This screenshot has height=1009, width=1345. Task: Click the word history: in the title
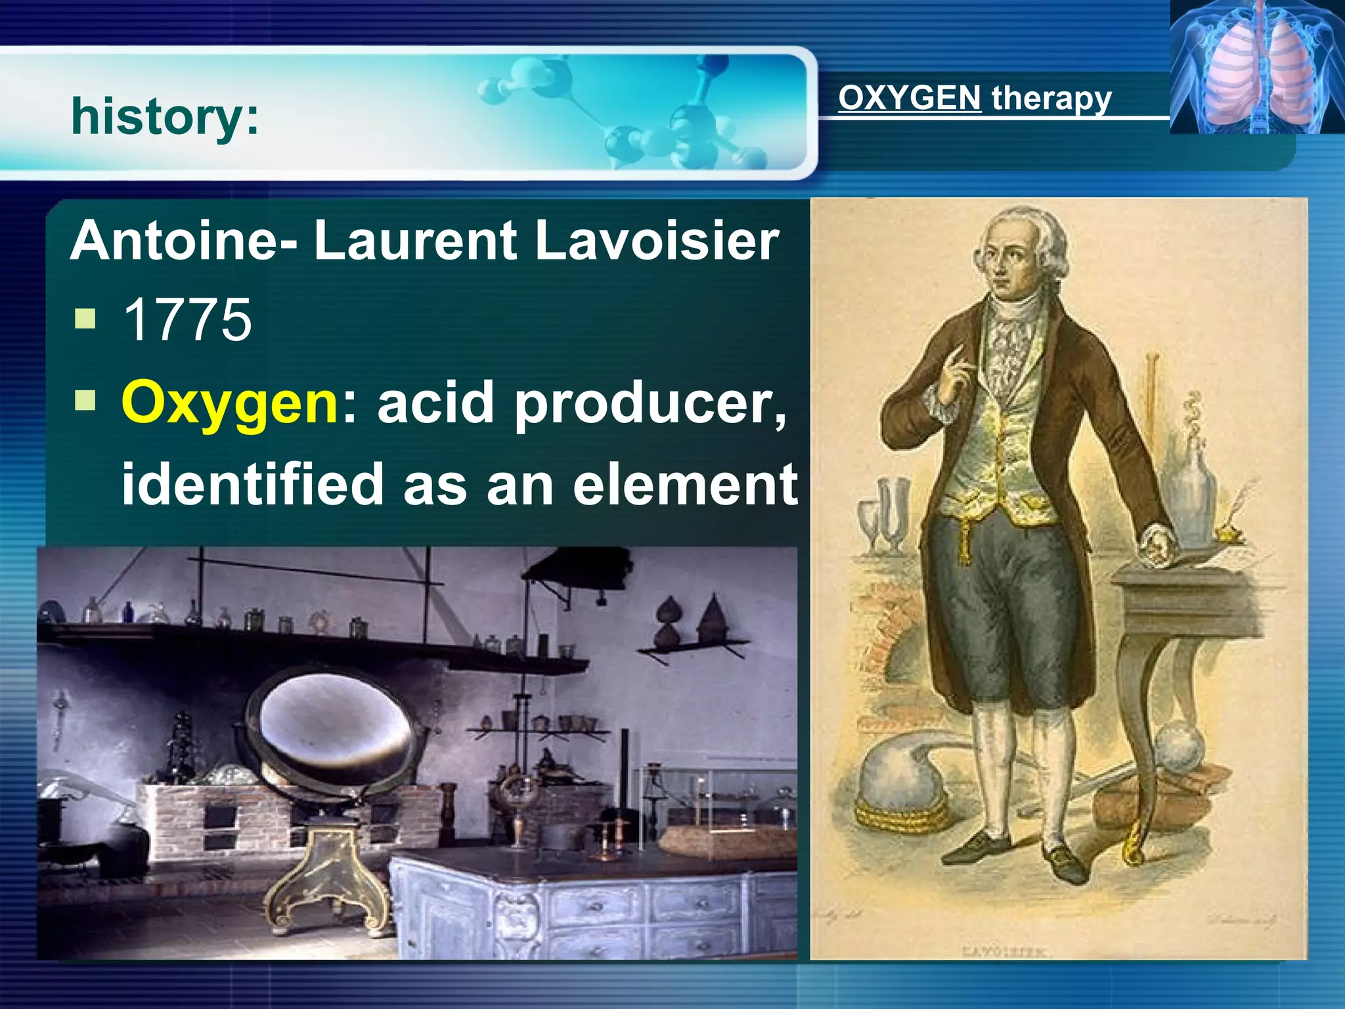(165, 116)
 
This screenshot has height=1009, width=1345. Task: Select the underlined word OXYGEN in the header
(910, 98)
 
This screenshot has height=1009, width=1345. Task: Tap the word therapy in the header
(1051, 99)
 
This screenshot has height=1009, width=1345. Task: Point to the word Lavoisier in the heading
(657, 240)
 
